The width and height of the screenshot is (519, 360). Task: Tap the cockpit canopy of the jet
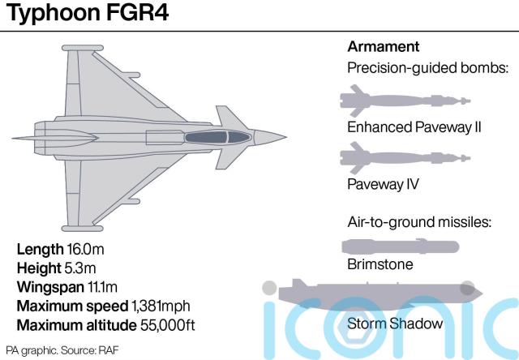tap(217, 136)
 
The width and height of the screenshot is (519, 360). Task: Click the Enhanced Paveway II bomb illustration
tap(402, 101)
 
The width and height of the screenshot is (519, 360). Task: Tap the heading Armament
tap(384, 46)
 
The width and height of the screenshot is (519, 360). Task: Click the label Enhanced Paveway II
tap(414, 127)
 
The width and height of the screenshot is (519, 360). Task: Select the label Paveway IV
tap(383, 184)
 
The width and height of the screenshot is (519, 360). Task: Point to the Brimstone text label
tap(380, 265)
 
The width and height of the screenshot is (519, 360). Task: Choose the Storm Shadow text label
tap(395, 324)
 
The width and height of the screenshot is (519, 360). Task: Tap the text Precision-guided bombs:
tap(427, 68)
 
